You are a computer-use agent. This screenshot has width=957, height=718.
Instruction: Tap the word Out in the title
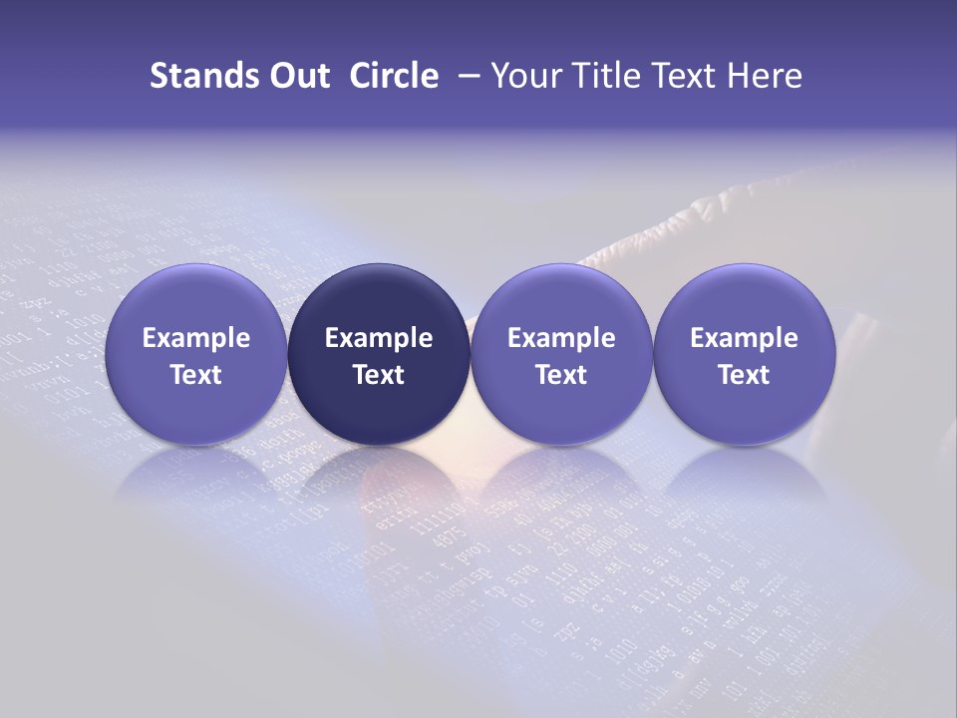pos(297,76)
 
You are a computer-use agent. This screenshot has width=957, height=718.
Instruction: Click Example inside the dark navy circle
pos(379,338)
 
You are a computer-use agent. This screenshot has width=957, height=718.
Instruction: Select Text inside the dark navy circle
pos(379,375)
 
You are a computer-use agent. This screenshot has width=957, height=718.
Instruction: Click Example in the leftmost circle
pos(196,338)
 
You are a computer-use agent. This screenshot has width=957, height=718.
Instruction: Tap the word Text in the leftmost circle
pos(196,375)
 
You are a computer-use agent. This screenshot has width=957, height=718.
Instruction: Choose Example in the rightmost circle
pos(744,338)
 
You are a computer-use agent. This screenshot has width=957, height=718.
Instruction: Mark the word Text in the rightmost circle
pos(744,375)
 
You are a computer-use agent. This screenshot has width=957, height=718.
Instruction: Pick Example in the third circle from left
pos(561,338)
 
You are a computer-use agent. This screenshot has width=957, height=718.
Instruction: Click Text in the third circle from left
pos(561,375)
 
